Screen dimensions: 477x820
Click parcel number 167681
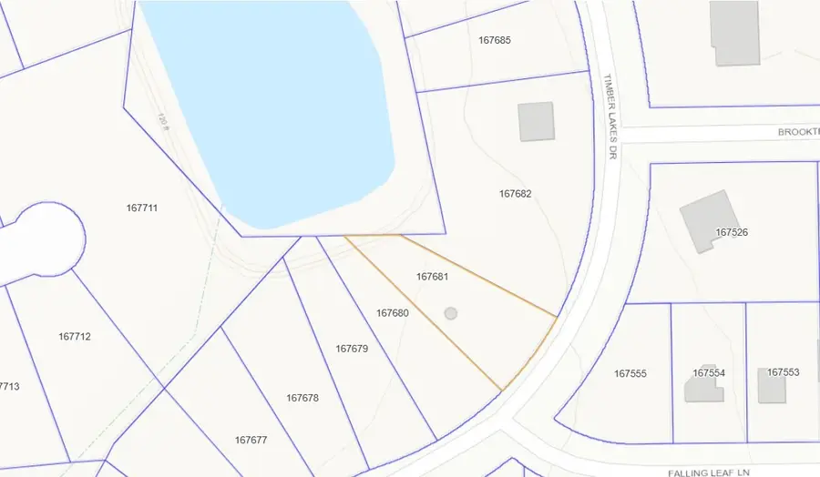(x=432, y=276)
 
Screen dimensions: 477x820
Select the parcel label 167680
(x=392, y=313)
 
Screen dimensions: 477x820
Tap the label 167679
(x=351, y=349)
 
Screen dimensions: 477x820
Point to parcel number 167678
(x=302, y=398)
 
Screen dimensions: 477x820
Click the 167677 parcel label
(x=251, y=440)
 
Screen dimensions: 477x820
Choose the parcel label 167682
(x=515, y=194)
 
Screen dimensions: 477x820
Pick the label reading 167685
(x=494, y=40)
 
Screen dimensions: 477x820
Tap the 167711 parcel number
(x=142, y=208)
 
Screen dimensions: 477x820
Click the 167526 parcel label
(x=732, y=233)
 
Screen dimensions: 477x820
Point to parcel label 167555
(x=630, y=374)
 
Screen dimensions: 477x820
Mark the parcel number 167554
(x=709, y=373)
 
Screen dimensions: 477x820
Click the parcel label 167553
(x=783, y=372)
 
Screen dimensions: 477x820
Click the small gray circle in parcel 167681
(x=450, y=313)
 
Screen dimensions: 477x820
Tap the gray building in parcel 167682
(x=536, y=121)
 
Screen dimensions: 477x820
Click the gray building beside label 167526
(x=702, y=220)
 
